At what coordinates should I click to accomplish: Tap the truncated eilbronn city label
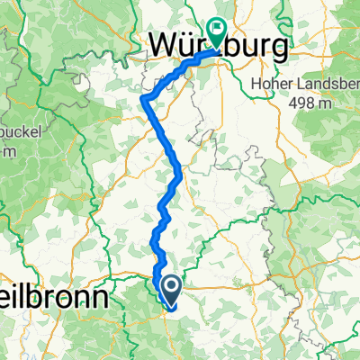click(x=53, y=296)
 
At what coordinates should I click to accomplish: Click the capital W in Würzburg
click(x=161, y=44)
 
